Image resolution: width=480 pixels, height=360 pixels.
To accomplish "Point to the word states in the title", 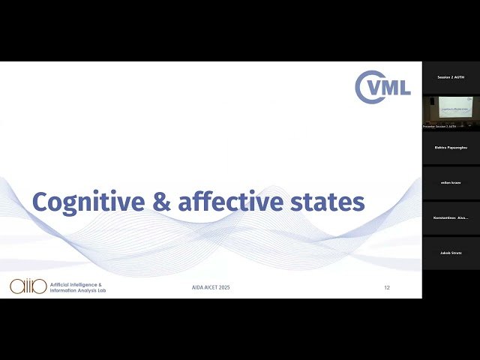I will [x=327, y=202].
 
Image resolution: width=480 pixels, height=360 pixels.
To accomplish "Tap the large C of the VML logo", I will [x=367, y=86].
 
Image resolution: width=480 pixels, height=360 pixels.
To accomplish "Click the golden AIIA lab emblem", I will [x=26, y=286].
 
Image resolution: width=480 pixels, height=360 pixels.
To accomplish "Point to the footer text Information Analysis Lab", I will [x=77, y=290].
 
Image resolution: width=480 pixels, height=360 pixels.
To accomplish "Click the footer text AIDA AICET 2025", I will [x=211, y=288].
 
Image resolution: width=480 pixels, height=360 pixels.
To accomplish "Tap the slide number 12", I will [x=387, y=288].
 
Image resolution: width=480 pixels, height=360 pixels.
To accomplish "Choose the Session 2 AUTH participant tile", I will [x=451, y=77].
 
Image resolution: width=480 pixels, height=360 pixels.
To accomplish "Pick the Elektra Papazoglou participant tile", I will [x=451, y=148].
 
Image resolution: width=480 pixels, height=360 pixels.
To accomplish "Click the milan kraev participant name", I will [x=451, y=182].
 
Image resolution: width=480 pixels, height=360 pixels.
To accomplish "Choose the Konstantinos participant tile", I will [x=451, y=217].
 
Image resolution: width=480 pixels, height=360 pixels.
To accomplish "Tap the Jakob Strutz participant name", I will [x=451, y=253].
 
